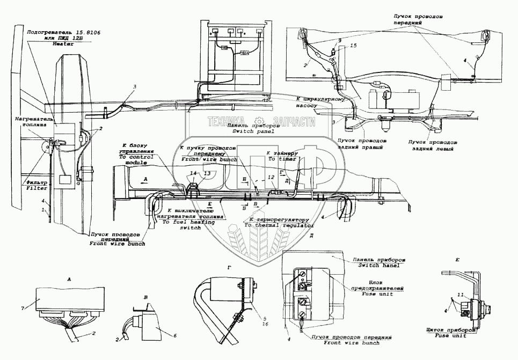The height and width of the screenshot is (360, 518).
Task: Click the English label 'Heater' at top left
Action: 63,45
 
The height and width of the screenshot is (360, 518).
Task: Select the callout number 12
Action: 271,177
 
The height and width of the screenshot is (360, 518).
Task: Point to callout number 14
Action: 194,173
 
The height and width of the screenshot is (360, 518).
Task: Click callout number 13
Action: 207,173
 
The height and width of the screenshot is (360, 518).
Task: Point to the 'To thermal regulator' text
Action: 279,226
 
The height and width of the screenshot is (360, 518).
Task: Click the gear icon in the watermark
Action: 259,122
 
